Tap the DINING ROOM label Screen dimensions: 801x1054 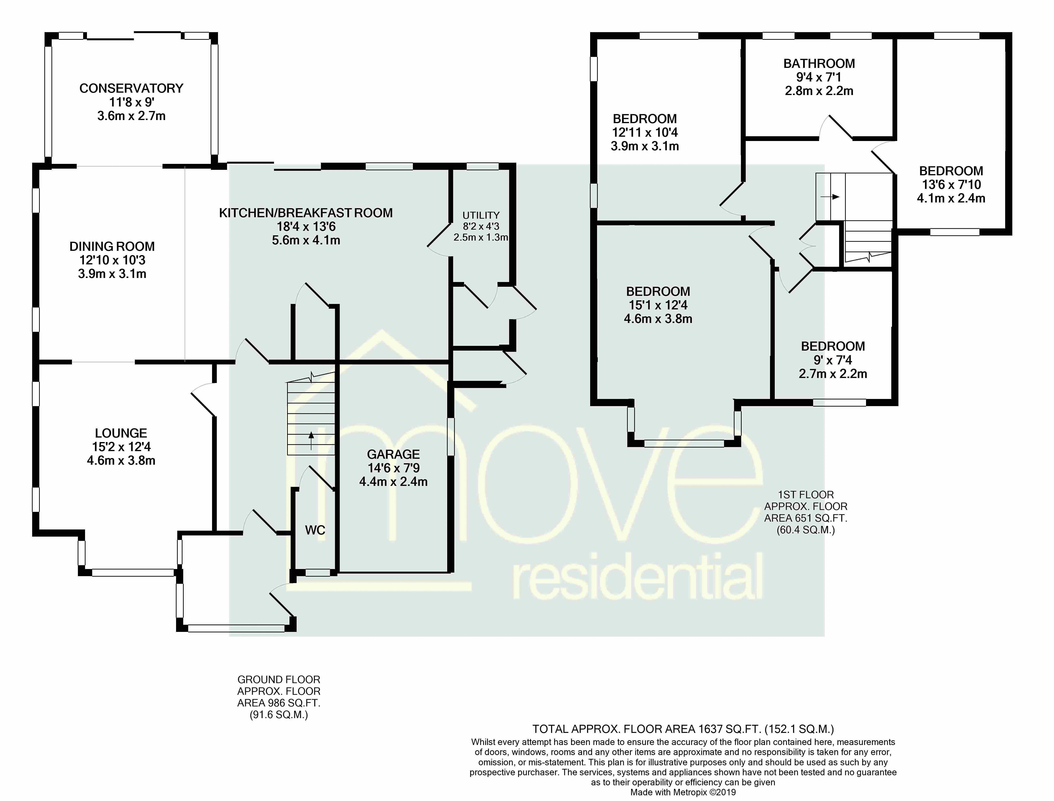[112, 247]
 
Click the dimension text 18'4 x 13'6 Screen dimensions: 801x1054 [306, 227]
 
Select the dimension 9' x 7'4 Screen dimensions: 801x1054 [833, 360]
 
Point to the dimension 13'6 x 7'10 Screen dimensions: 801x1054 [951, 185]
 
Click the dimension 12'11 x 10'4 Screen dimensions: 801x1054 [645, 132]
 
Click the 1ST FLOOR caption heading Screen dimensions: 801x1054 [806, 495]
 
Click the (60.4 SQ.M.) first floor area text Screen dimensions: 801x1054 [806, 530]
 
